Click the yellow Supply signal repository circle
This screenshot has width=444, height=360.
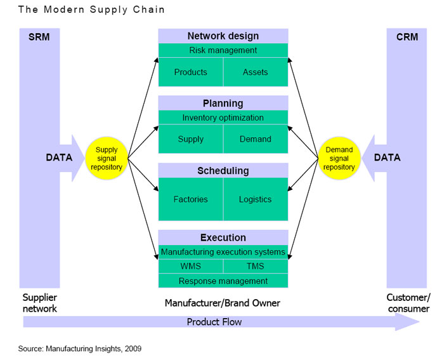(x=107, y=159)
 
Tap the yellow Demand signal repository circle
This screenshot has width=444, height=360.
(x=339, y=159)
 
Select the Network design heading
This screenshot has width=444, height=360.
(x=223, y=36)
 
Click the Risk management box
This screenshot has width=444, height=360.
(x=223, y=50)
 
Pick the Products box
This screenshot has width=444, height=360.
(x=190, y=72)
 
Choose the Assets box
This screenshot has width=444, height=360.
(x=256, y=72)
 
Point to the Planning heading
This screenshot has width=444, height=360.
(x=223, y=103)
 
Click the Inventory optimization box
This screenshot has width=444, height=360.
(x=223, y=117)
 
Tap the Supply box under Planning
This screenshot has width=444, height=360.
(x=190, y=139)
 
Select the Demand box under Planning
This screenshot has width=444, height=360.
(x=256, y=139)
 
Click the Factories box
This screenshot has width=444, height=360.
(x=190, y=199)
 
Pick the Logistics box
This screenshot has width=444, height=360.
(x=256, y=199)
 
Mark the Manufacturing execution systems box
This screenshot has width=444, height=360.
(x=223, y=252)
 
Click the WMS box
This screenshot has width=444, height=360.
(x=190, y=266)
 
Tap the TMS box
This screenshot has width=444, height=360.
(x=256, y=266)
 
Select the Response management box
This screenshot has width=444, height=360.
(x=223, y=281)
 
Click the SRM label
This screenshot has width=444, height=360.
(x=39, y=37)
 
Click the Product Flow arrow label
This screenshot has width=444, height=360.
(x=214, y=322)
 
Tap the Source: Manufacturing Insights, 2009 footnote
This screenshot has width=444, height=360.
(x=79, y=349)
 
